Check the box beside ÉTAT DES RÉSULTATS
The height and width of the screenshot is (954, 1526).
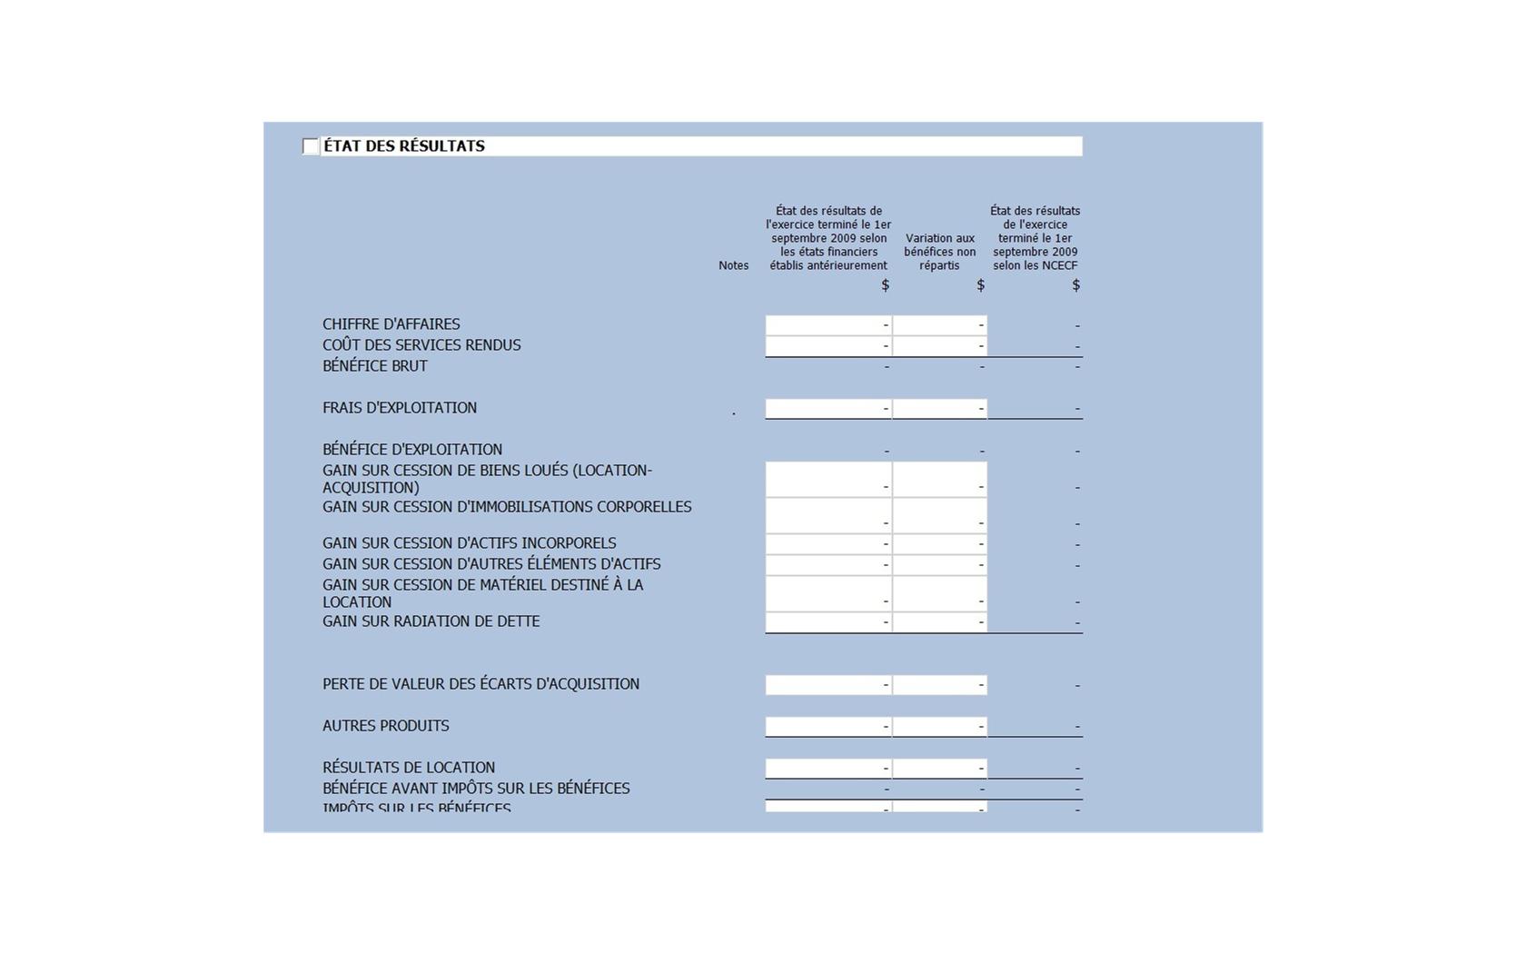311,146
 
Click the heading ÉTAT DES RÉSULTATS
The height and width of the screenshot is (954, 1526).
404,146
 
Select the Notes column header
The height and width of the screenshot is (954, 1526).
733,265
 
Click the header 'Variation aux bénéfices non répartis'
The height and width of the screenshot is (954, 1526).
939,252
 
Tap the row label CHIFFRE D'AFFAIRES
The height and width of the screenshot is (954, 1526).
391,324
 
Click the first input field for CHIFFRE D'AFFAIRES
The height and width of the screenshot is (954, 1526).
828,325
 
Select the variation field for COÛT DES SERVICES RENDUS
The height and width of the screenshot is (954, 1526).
940,346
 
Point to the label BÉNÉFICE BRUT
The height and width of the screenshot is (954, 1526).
374,366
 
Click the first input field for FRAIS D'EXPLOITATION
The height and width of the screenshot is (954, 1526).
828,409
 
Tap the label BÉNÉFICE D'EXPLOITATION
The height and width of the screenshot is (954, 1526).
411,450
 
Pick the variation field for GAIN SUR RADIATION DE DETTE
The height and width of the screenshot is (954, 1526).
940,622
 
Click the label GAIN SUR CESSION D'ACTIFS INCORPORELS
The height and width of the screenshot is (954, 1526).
469,543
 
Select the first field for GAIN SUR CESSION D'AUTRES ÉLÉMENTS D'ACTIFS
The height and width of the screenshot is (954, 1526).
828,565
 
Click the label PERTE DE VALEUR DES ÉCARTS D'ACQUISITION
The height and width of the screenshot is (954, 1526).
481,684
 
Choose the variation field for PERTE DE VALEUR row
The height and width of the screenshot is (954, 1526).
940,685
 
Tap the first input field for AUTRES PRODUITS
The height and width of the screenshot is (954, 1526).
828,727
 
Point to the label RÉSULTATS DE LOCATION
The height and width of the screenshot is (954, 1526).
408,768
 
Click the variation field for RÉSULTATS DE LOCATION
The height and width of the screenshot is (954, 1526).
940,769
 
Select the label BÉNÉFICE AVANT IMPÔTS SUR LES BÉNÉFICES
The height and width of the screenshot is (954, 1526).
475,789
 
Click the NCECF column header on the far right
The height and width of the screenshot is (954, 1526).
1035,238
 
